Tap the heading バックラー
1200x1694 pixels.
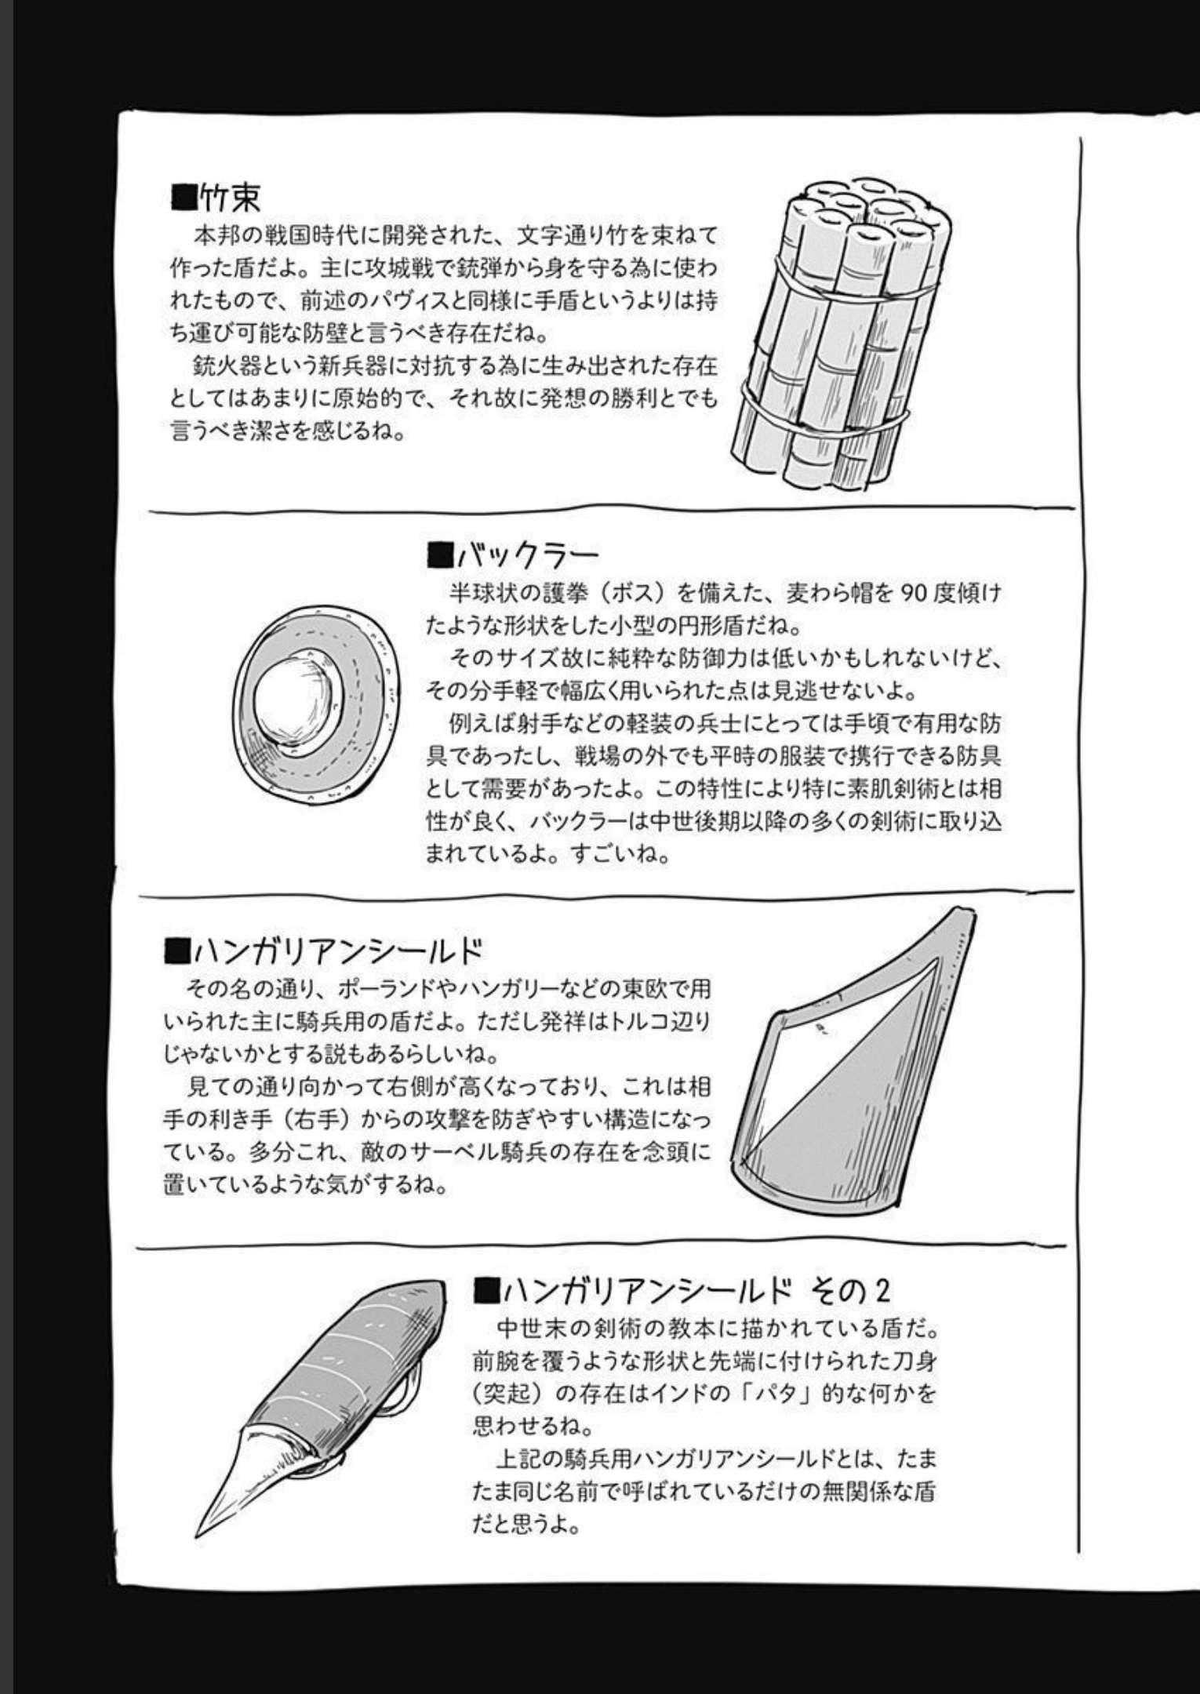click(527, 556)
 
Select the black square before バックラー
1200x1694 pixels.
click(439, 556)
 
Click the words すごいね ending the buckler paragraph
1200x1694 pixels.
click(620, 854)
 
